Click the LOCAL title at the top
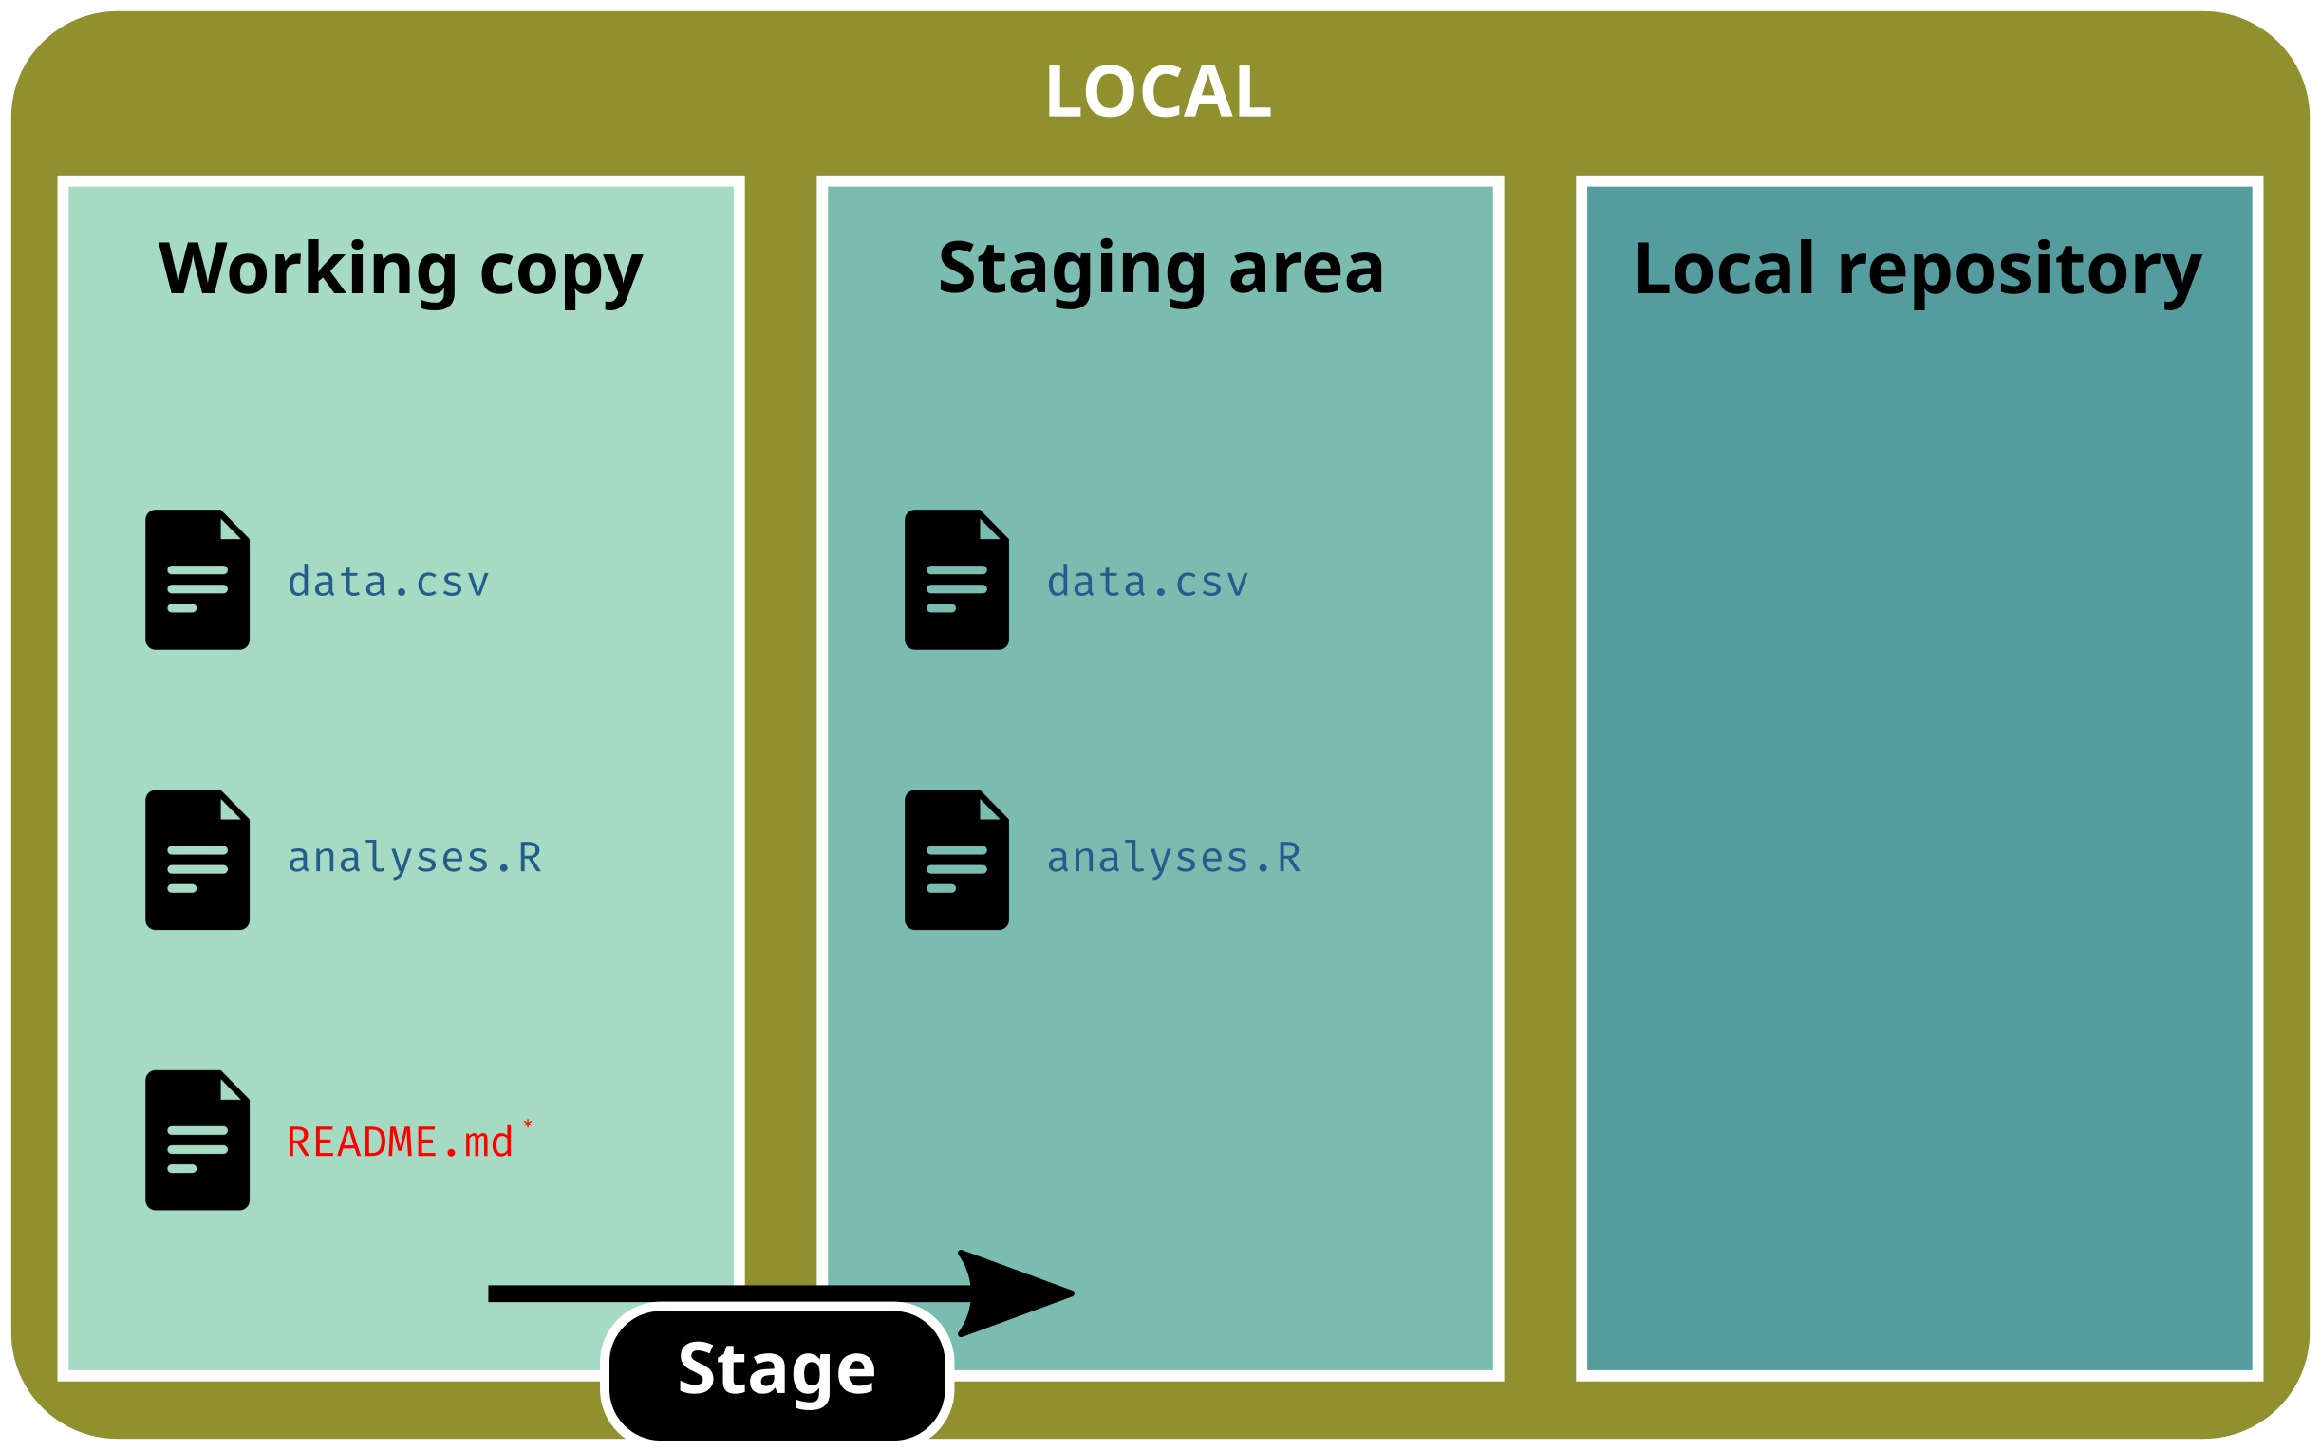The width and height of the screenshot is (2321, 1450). click(1158, 92)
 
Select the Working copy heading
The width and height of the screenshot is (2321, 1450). click(400, 270)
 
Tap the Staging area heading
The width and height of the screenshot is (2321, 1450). click(1160, 270)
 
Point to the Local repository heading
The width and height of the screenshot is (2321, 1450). click(1919, 270)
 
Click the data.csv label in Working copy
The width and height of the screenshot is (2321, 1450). click(388, 582)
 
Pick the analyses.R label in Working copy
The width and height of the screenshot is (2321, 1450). click(414, 858)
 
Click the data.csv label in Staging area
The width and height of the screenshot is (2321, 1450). click(1147, 582)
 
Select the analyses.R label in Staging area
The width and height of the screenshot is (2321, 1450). click(1173, 858)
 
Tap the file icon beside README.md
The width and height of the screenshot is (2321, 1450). click(197, 1141)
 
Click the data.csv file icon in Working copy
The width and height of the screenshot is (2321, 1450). click(197, 580)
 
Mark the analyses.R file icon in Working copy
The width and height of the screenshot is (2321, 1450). click(197, 860)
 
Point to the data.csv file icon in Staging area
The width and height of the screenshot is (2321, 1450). click(956, 580)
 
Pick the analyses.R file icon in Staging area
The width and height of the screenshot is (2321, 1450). click(956, 860)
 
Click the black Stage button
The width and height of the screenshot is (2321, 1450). click(777, 1369)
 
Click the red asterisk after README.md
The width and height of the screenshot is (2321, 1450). click(528, 1125)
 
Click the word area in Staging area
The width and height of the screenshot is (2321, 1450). click(1306, 270)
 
